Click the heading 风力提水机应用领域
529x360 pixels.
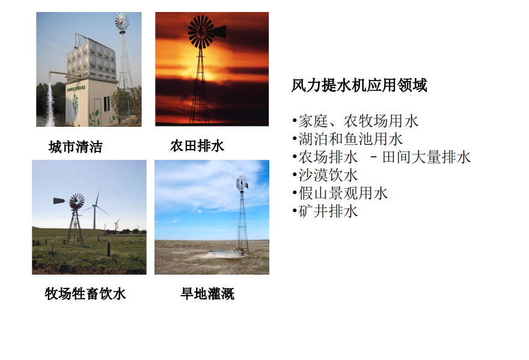click(359, 85)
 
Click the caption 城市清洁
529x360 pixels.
click(76, 147)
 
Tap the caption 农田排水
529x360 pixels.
click(197, 146)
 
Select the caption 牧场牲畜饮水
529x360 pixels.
click(85, 293)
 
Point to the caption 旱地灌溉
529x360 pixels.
click(207, 293)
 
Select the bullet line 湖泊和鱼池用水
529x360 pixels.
click(348, 139)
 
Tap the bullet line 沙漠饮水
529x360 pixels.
click(325, 175)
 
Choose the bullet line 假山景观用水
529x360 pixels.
click(340, 194)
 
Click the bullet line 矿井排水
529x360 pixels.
click(325, 212)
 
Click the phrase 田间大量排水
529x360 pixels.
click(426, 157)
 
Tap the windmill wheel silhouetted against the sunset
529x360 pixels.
click(201, 32)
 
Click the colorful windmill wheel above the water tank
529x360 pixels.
click(122, 22)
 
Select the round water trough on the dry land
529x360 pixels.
click(225, 254)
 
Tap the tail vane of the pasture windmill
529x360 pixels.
click(60, 201)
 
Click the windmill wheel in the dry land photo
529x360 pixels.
click(242, 183)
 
